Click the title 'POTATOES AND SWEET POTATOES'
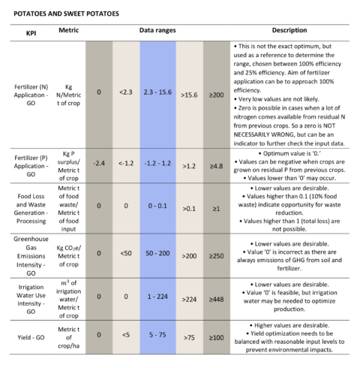[x=66, y=14]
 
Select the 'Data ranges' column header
[x=157, y=30]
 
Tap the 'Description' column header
[x=289, y=30]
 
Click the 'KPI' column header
[x=31, y=33]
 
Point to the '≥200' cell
[x=217, y=95]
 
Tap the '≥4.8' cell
[x=217, y=166]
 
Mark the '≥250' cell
[x=217, y=256]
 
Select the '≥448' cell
[x=217, y=300]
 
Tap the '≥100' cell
[x=217, y=337]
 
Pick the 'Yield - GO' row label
[x=31, y=337]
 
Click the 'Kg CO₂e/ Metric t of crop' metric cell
[x=69, y=256]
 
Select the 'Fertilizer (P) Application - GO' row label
[x=31, y=166]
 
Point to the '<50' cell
[x=126, y=253]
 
